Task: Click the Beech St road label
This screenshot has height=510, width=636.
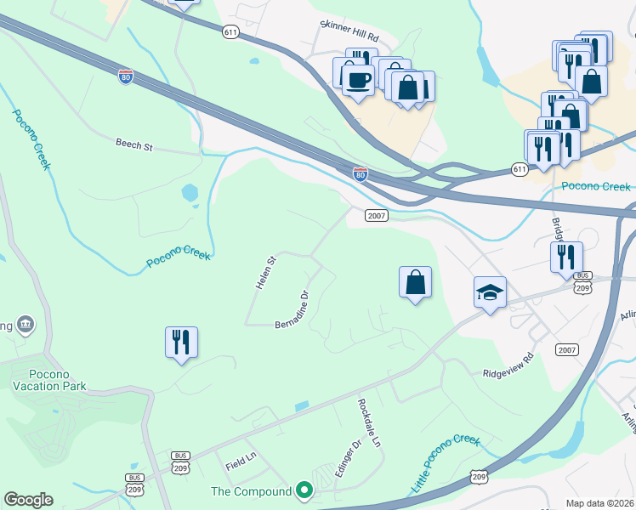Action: (133, 145)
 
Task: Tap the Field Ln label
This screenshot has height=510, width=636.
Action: (241, 464)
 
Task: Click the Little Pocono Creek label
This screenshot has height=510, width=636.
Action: (446, 464)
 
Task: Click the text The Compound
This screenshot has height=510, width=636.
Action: (252, 491)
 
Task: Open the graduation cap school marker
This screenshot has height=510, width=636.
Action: (490, 292)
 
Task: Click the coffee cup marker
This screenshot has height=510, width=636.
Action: (358, 80)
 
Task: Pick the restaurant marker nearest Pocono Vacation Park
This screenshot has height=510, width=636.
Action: (181, 342)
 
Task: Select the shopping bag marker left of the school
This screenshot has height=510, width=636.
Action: (415, 282)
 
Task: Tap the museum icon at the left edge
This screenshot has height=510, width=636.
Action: (26, 324)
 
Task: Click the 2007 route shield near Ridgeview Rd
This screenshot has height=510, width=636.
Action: (567, 350)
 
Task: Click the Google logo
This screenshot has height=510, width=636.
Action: (28, 500)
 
